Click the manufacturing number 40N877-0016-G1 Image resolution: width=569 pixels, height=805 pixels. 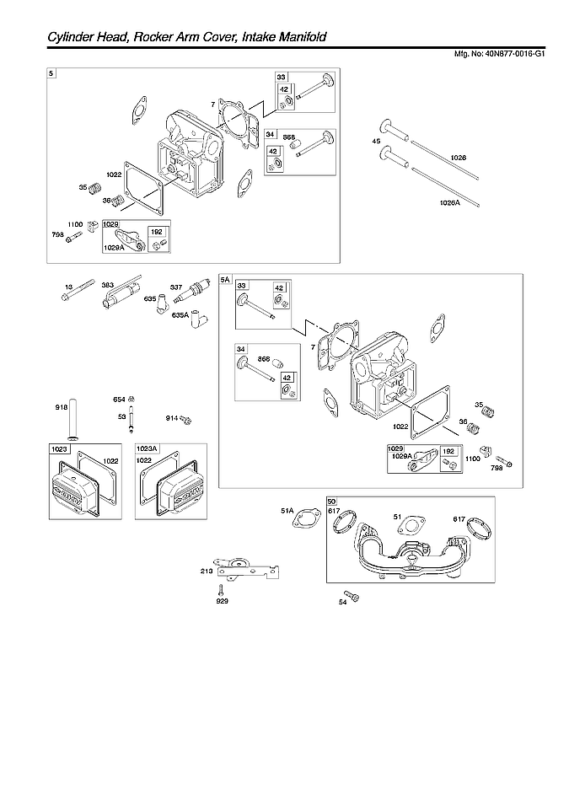(510, 53)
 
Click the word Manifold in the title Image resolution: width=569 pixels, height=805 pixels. (296, 37)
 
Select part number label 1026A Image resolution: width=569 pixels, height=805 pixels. (451, 202)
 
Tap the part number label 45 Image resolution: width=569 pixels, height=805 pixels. (376, 142)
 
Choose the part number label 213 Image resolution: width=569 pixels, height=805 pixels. (207, 571)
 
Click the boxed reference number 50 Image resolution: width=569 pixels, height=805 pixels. (332, 502)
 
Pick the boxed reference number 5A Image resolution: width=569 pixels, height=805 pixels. (225, 279)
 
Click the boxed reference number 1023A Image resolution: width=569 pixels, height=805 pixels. (147, 450)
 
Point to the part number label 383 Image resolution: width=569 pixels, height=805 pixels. (108, 286)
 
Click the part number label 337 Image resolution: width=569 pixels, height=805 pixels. (176, 287)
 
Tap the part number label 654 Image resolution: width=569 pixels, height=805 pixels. (119, 399)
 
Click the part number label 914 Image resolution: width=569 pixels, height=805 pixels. (171, 418)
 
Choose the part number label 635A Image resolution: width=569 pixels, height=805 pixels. (179, 315)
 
